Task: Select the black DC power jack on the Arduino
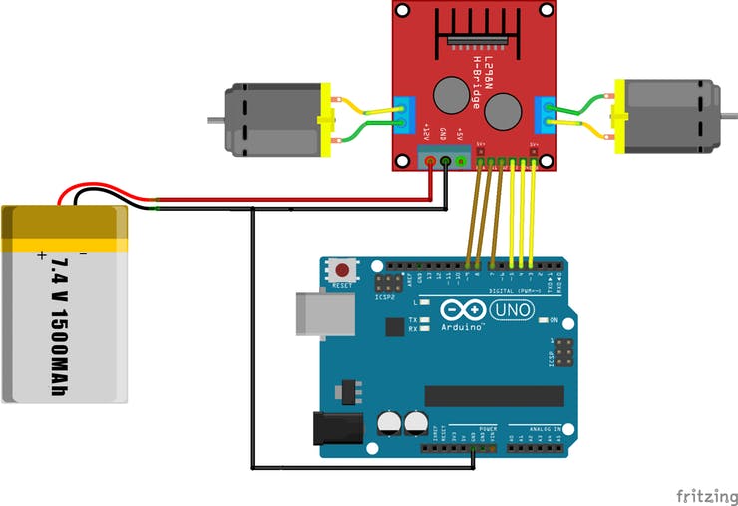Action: (334, 428)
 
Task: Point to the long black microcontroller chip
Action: (493, 396)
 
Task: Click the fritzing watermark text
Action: (707, 496)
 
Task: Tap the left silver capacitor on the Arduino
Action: (388, 423)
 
